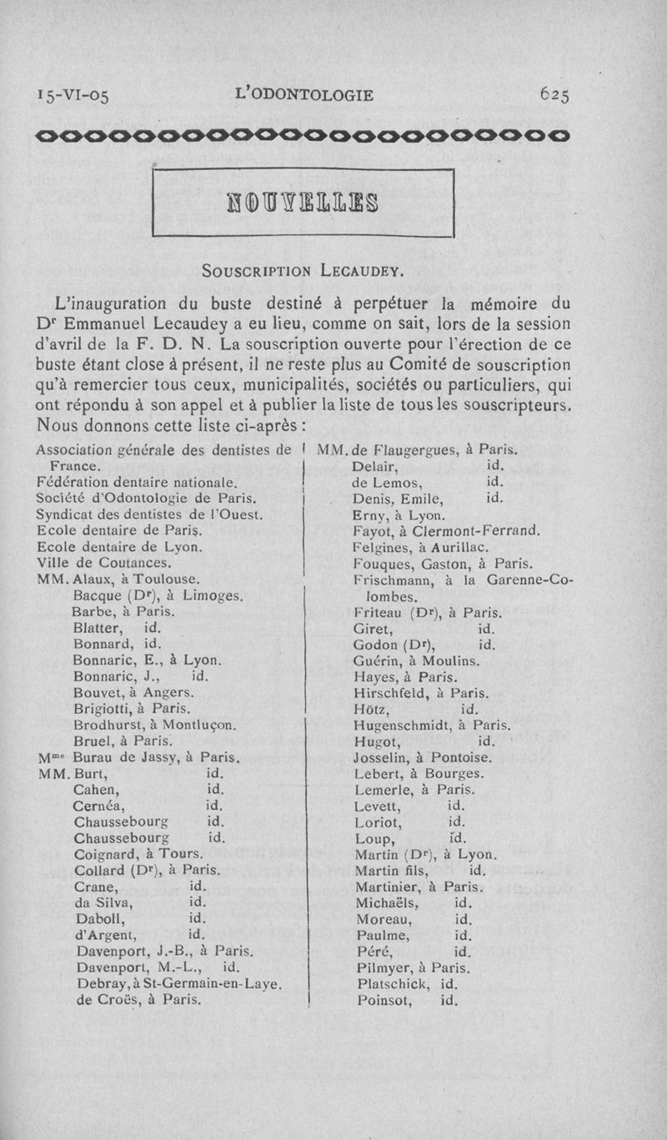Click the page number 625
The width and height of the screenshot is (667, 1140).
554,95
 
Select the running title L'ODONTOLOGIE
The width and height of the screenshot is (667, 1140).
304,95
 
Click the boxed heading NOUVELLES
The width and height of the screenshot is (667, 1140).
304,202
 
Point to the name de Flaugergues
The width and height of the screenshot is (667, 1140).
398,452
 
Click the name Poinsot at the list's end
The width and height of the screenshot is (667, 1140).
382,1001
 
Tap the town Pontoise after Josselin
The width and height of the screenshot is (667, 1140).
462,758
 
